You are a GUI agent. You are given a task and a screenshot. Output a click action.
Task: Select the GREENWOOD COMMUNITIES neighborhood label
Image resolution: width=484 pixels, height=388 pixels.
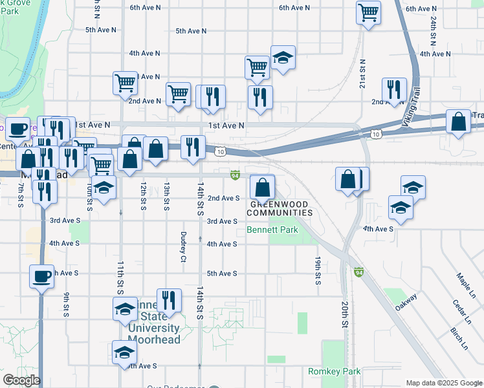[280, 208]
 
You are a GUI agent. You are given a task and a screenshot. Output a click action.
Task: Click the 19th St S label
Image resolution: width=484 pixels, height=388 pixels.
[318, 270]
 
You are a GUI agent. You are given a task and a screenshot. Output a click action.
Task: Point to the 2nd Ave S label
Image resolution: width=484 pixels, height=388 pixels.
[223, 199]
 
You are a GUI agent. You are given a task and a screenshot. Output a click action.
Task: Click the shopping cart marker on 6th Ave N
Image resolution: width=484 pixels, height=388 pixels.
[368, 12]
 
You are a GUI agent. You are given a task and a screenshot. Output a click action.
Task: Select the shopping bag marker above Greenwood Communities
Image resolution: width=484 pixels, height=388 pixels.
[261, 188]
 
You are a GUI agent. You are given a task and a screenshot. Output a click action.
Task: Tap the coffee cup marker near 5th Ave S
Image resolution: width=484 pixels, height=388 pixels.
[42, 277]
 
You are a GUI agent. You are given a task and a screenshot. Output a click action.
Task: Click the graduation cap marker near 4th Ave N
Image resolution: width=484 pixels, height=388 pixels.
[283, 58]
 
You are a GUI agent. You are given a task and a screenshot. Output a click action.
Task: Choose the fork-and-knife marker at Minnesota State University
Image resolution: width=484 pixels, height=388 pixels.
[168, 300]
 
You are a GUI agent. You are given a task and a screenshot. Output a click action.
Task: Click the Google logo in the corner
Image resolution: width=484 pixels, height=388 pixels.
[21, 381]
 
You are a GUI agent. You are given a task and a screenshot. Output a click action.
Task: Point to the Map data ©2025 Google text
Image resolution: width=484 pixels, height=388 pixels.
[444, 383]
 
